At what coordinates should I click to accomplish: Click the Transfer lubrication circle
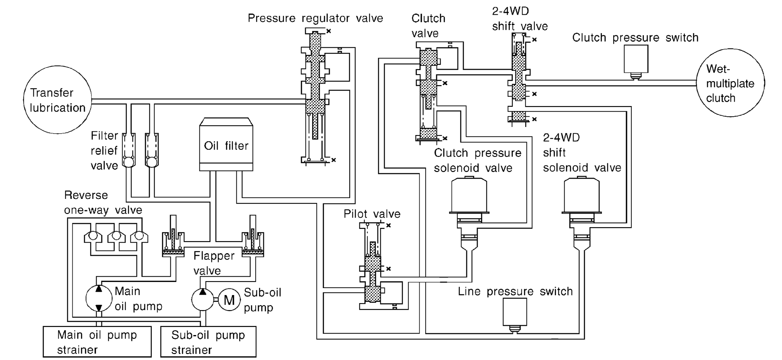[57, 100]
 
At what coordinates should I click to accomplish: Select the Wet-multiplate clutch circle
[730, 83]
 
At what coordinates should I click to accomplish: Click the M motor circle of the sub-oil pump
[229, 300]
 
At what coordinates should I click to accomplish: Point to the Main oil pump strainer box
[97, 342]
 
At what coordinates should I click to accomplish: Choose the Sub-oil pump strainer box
[208, 342]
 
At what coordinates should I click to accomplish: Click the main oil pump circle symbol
[99, 298]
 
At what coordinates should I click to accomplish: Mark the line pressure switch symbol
[515, 313]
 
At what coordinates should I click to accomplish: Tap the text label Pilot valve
[372, 214]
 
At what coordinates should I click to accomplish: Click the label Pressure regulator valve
[315, 18]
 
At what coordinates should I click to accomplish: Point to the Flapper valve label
[214, 263]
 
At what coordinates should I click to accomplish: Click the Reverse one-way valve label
[103, 203]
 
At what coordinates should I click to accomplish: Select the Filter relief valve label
[104, 150]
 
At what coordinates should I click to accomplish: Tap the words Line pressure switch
[515, 291]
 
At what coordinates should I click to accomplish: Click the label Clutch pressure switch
[635, 37]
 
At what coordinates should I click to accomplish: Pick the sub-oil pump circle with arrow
[202, 299]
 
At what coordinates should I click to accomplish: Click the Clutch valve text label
[428, 26]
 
